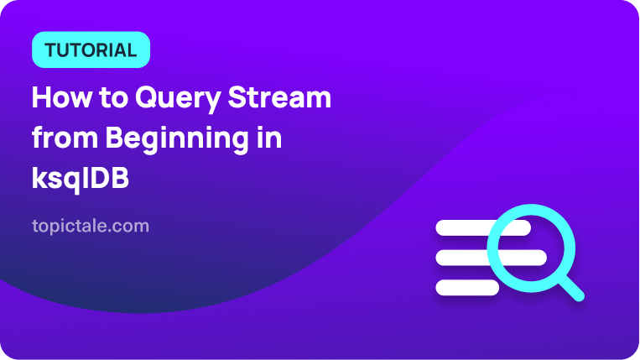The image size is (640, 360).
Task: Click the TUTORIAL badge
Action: pos(91,50)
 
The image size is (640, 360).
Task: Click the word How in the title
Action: pos(61,97)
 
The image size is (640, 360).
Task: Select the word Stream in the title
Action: pos(279,97)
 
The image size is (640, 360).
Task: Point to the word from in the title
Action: pos(65,138)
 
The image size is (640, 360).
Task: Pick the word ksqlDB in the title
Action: pos(81,179)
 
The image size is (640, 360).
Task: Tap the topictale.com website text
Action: pos(91,226)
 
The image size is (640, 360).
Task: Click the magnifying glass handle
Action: pos(571,288)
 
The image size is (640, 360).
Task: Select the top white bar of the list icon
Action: pos(483,227)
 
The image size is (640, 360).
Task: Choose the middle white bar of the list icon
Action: pos(491,258)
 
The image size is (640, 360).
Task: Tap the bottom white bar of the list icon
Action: pos(467,288)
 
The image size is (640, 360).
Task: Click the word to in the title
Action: pos(113,98)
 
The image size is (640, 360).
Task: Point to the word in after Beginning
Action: pos(268,138)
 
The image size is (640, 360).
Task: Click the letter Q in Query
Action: pos(147,97)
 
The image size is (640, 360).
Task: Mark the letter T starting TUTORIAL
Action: pos(51,50)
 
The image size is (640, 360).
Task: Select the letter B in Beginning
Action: pos(115,138)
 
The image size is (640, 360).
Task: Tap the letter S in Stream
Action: pos(237,97)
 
